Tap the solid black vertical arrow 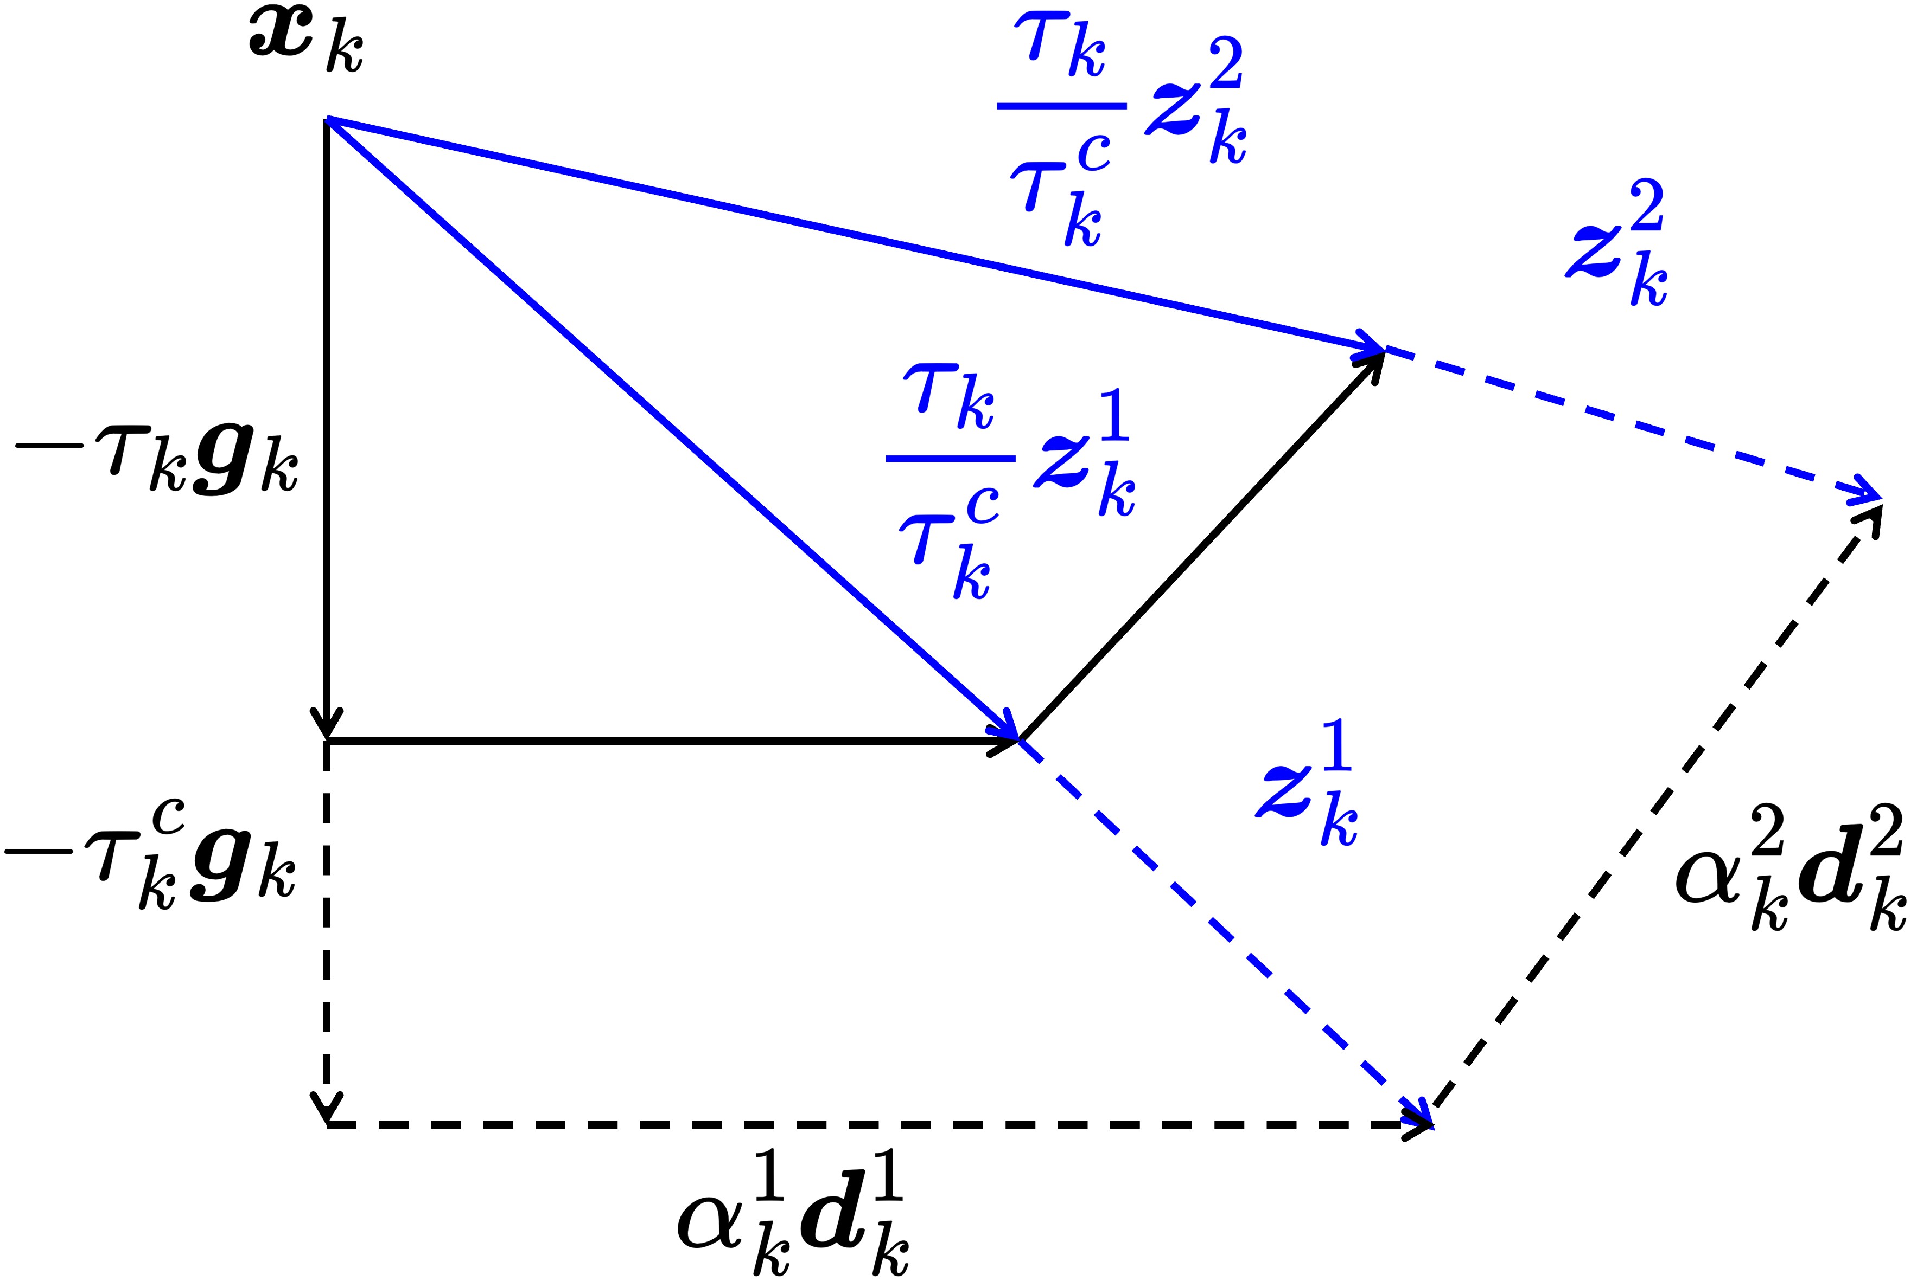(327, 425)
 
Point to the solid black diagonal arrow (1202, 548)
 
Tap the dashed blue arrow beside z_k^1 (1226, 931)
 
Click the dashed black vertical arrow (327, 931)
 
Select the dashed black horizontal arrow (875, 1124)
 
